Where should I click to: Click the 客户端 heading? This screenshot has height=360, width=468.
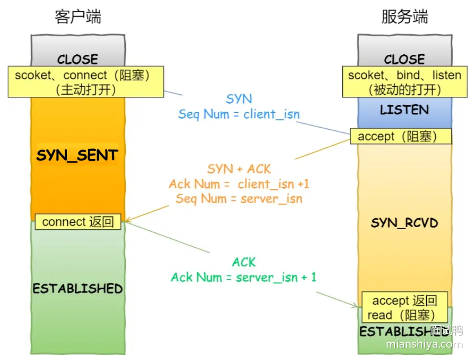click(78, 17)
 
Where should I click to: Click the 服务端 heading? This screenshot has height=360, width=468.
click(404, 17)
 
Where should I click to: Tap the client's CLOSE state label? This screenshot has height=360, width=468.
click(78, 59)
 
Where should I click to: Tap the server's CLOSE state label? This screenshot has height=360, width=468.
click(404, 59)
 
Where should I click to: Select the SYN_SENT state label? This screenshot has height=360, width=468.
click(77, 155)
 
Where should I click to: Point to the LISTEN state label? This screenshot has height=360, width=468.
click(404, 110)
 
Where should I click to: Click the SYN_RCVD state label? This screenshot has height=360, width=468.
click(404, 223)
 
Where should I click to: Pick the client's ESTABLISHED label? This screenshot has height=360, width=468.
click(78, 288)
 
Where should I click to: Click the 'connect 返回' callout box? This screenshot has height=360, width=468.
click(78, 222)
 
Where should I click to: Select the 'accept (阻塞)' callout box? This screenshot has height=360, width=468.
click(401, 136)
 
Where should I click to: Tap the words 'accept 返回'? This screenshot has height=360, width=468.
click(404, 301)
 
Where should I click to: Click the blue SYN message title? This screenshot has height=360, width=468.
click(239, 99)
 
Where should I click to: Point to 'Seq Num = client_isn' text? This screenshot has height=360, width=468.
click(239, 114)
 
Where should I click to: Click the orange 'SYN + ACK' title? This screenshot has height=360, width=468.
click(239, 169)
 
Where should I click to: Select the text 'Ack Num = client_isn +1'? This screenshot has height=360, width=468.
click(239, 184)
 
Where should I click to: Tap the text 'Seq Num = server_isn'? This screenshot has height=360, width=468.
click(239, 198)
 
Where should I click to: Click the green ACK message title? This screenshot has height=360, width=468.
click(243, 262)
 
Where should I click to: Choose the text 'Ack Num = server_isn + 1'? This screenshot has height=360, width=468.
click(243, 277)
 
